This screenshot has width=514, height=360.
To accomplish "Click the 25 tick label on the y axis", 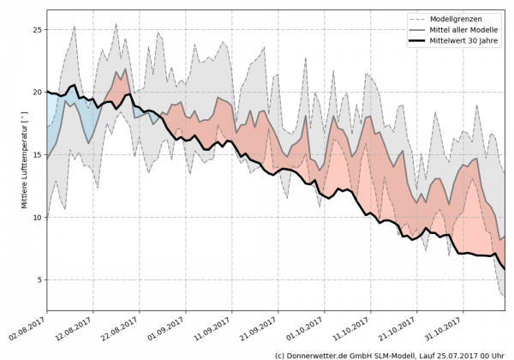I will [x=37, y=30].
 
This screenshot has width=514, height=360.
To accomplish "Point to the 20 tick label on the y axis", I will [x=37, y=93].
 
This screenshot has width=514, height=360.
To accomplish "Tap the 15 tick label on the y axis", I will [x=37, y=155].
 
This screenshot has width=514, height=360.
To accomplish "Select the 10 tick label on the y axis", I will [x=37, y=218].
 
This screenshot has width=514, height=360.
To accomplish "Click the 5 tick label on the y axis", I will [x=39, y=280].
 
